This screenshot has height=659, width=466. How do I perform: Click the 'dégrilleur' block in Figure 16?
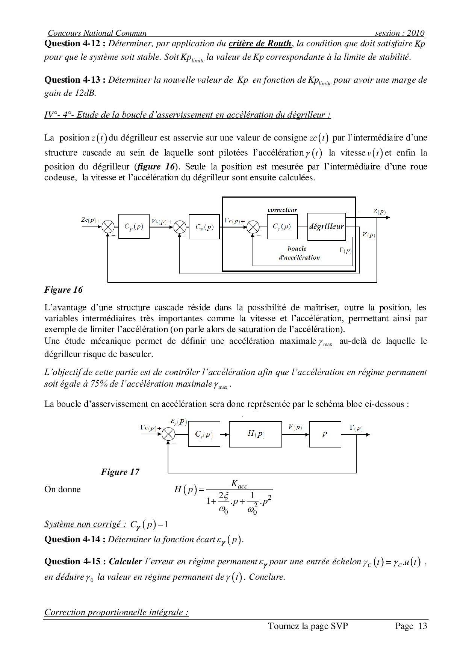326,227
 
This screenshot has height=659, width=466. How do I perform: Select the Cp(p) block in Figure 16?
134,227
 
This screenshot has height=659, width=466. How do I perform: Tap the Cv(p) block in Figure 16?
204,227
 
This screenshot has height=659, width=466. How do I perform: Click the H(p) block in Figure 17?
256,434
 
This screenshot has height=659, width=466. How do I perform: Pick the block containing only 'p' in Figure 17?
325,434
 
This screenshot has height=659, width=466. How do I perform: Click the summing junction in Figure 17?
168,434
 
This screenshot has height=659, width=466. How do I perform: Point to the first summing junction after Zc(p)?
108,227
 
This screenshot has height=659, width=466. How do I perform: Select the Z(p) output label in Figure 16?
379,212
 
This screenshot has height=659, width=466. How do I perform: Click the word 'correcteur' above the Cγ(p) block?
282,210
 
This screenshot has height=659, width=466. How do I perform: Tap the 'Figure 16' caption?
63,290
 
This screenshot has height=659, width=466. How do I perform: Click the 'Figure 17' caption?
120,472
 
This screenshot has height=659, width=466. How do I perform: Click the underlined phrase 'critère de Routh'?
260,44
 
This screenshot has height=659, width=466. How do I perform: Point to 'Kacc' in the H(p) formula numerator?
239,484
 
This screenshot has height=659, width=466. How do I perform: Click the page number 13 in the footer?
423,626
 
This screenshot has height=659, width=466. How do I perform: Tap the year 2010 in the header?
416,33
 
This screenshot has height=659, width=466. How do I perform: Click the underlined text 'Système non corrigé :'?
85,524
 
